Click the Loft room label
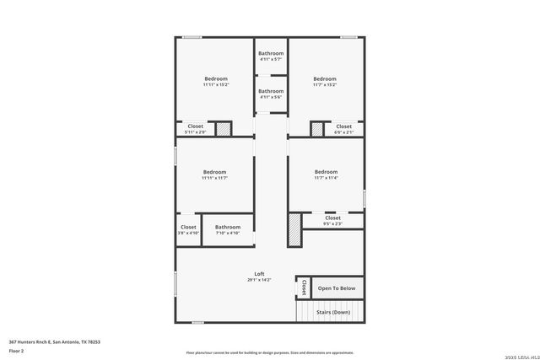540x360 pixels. point(259,274)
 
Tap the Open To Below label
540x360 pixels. point(336,288)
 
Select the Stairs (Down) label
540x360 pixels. point(332,312)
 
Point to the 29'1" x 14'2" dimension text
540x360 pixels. point(259,280)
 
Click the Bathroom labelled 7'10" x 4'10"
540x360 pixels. point(227,227)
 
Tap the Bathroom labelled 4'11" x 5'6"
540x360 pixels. point(271,91)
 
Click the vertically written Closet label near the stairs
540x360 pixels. point(303,287)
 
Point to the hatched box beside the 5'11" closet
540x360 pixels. point(223,129)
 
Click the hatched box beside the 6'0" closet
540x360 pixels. point(316,129)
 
